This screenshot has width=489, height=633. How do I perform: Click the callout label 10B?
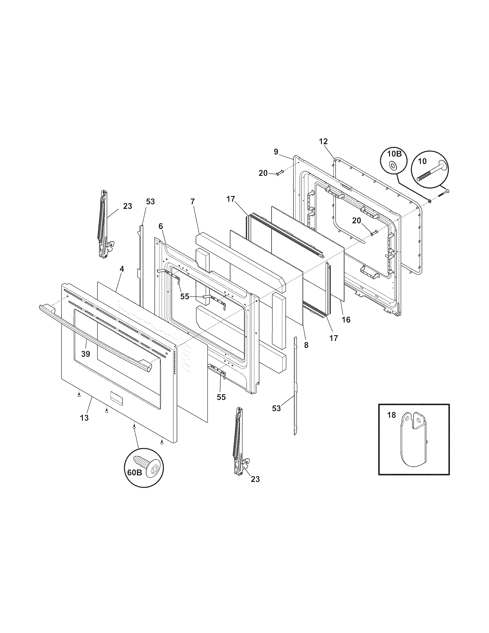(394, 154)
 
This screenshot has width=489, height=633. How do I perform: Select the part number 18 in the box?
(391, 415)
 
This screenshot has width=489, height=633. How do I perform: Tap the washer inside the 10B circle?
(393, 165)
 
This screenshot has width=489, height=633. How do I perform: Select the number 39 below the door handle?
(86, 354)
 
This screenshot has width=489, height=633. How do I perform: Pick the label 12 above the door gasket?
(323, 142)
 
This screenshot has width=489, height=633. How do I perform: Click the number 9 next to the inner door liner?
(276, 152)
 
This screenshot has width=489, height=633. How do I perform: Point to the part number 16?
(346, 320)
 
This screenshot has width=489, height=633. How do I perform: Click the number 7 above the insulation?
(193, 202)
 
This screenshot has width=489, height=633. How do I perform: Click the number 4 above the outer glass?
(122, 269)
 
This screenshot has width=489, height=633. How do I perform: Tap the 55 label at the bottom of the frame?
(221, 397)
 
